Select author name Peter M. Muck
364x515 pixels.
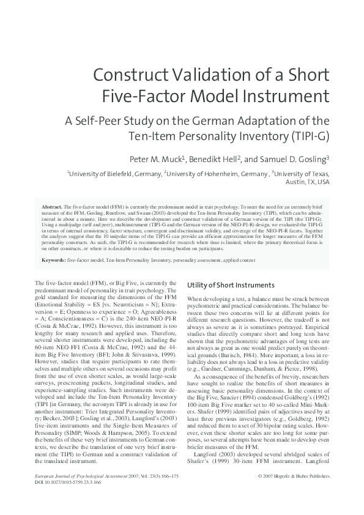(162, 158)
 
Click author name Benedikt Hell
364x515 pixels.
(218, 158)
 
